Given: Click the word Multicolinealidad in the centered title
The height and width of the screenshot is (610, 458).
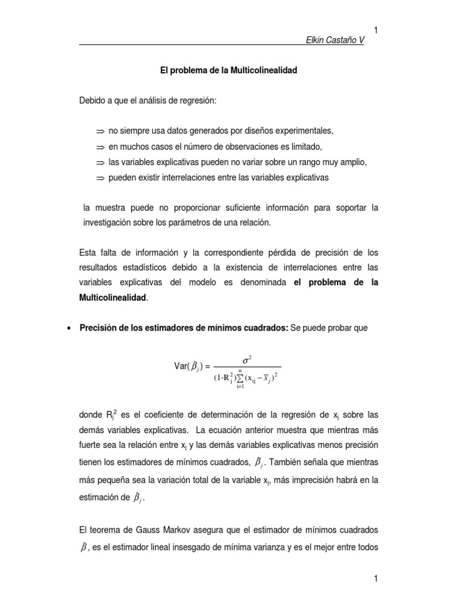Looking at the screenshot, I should [263, 71].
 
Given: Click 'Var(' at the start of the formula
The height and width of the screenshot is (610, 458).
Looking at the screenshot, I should [182, 367].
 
